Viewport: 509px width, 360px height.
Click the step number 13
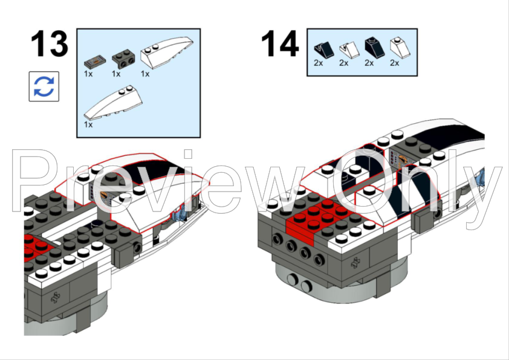(50, 43)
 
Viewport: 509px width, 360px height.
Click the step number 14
(279, 43)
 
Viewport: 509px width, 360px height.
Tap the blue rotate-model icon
(44, 86)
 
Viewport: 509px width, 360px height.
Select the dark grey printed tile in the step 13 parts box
(95, 62)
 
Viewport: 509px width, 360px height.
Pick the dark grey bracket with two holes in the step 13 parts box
(123, 59)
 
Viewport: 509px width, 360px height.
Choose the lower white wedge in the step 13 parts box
(113, 102)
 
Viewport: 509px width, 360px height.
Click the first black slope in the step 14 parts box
(323, 50)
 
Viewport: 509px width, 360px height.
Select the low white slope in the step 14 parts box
(349, 50)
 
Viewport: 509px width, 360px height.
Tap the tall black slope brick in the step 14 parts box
(375, 47)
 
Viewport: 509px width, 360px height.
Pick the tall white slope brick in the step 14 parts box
(400, 47)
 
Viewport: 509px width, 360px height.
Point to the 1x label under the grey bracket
(116, 74)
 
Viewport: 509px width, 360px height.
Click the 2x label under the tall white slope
(394, 63)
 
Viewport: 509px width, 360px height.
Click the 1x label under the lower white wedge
(88, 124)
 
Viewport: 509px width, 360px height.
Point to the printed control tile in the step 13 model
(99, 194)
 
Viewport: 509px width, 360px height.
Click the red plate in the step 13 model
(37, 248)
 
